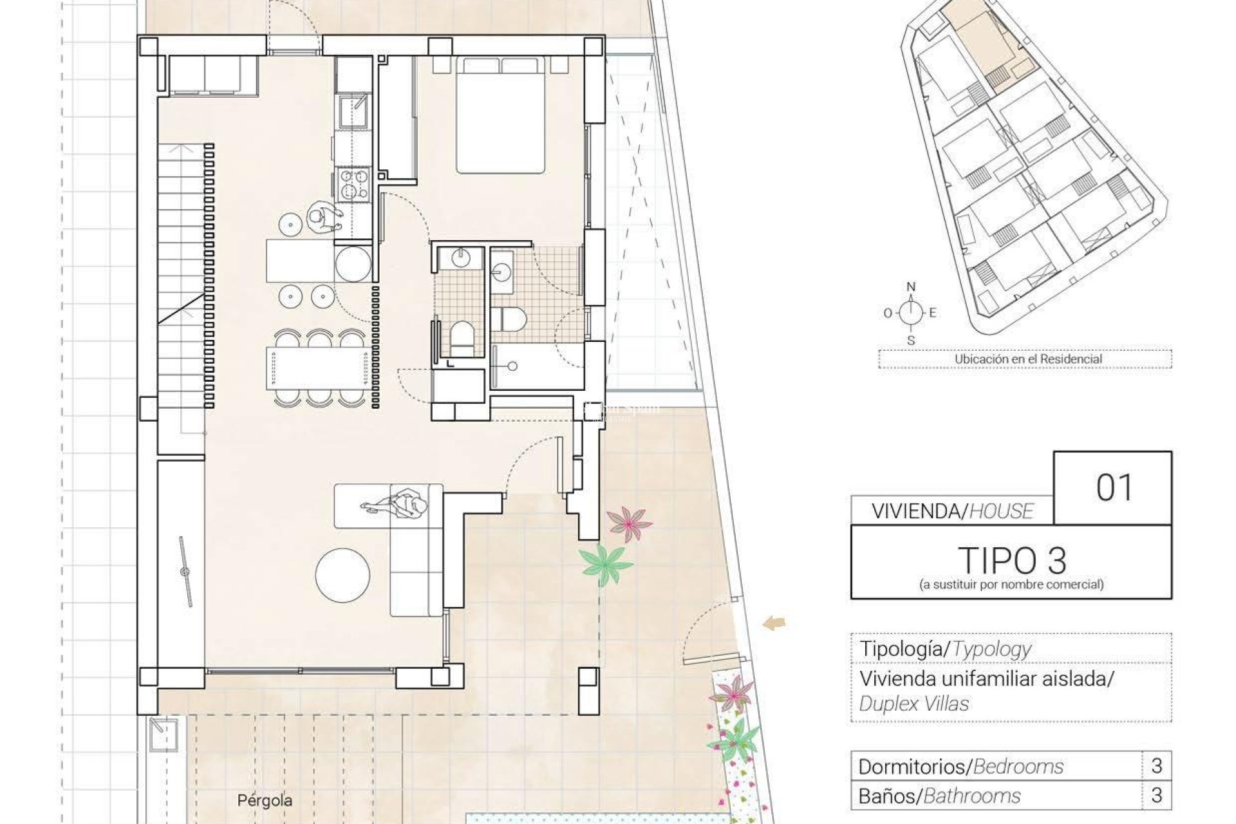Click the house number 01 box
(x=1112, y=488)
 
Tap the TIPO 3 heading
(x=1011, y=561)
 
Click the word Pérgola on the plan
(x=265, y=801)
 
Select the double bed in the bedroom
(x=501, y=116)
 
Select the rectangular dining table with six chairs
(x=317, y=368)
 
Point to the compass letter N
(x=910, y=287)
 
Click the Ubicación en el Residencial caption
(x=1028, y=359)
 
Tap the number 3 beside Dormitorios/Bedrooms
(x=1156, y=765)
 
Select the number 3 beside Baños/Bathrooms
(x=1156, y=796)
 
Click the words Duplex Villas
(x=913, y=704)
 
